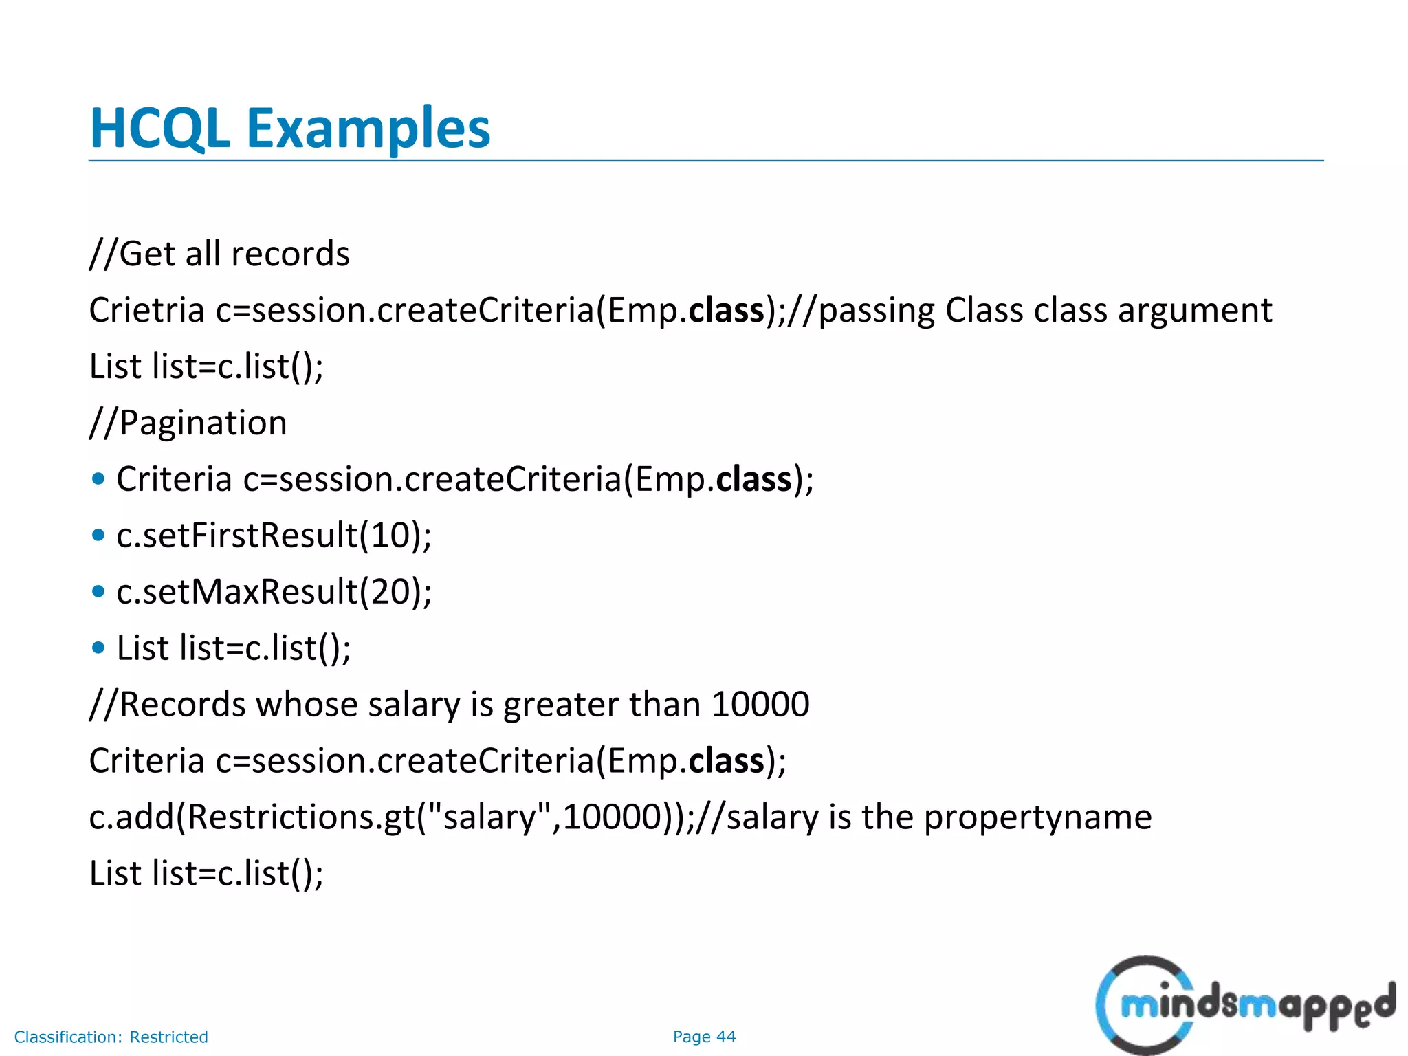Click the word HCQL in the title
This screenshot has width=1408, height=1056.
click(159, 129)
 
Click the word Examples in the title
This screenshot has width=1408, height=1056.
click(368, 129)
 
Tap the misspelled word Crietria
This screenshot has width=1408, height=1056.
click(146, 310)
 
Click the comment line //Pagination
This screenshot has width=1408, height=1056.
click(188, 422)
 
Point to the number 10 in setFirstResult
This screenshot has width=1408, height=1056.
click(390, 535)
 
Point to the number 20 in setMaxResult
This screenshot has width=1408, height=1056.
click(390, 591)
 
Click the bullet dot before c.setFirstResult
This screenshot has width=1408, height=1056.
click(99, 535)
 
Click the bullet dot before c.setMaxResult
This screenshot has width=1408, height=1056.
click(99, 591)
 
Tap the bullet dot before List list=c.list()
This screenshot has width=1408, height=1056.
click(99, 648)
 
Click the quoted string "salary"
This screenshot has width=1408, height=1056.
click(490, 817)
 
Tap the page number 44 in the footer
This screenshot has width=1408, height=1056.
click(726, 1037)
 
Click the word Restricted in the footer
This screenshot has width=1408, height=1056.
click(168, 1037)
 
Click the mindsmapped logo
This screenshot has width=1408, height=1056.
click(1244, 1004)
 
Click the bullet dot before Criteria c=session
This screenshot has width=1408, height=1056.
click(99, 478)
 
